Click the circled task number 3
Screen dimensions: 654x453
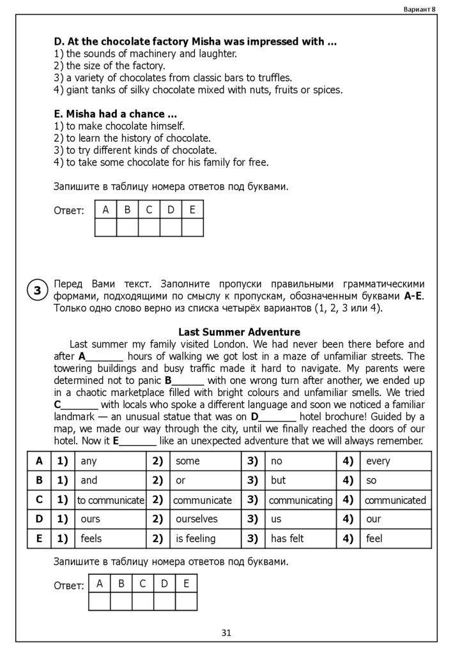tap(38, 291)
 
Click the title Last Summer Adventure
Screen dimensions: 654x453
tap(239, 332)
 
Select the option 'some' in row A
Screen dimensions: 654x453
tap(187, 461)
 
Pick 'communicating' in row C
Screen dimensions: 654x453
tap(300, 500)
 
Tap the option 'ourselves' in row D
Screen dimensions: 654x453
tap(197, 519)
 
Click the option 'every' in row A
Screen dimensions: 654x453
tap(378, 461)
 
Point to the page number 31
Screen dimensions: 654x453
tap(226, 633)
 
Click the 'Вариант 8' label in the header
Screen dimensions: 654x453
tap(420, 8)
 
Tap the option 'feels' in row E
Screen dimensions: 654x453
tap(91, 539)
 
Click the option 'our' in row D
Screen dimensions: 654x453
tap(373, 519)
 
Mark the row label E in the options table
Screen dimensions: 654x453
tap(39, 538)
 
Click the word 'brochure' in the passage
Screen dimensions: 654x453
tap(359, 417)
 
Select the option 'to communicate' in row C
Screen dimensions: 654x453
tap(111, 500)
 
